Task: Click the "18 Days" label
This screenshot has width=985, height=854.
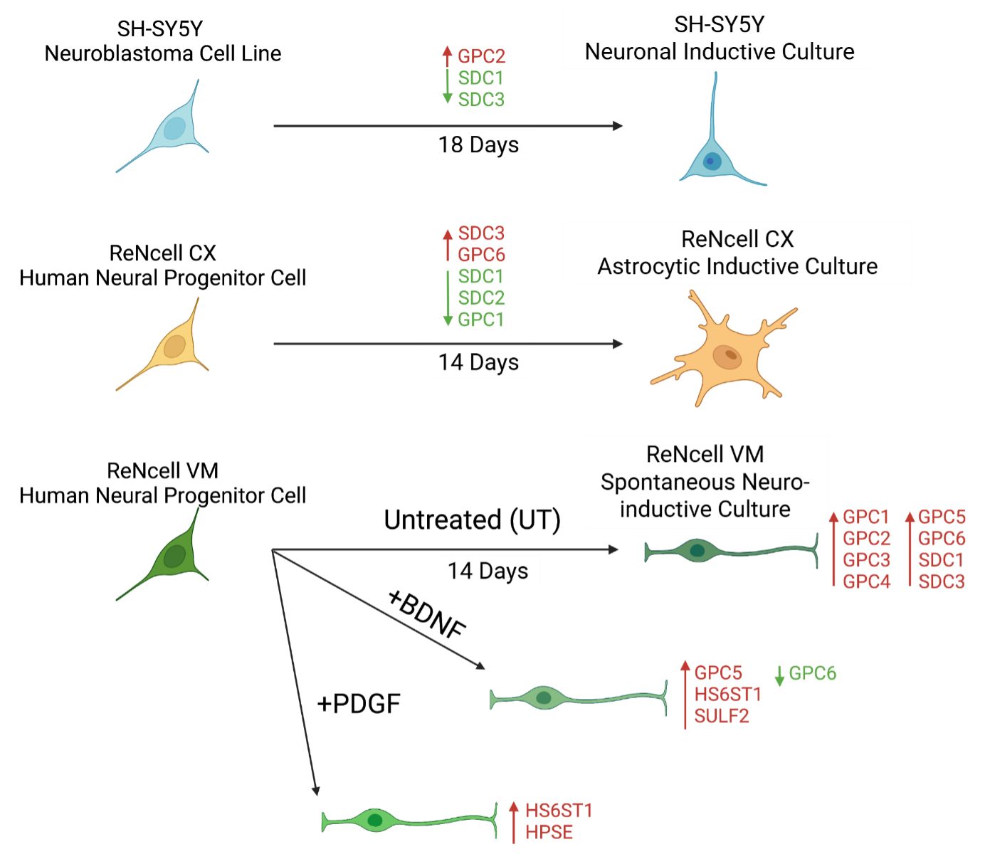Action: click(478, 145)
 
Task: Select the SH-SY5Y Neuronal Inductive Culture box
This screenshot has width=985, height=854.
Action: click(719, 38)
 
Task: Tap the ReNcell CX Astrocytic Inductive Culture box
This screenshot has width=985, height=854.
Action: click(737, 253)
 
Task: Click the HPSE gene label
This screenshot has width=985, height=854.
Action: click(549, 832)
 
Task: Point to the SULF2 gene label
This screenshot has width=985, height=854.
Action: click(722, 716)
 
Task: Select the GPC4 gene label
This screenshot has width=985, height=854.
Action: click(867, 581)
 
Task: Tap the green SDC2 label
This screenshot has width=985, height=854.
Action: click(481, 297)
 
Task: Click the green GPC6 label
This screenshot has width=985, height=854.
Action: click(813, 673)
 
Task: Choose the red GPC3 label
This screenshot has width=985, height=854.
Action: click(867, 560)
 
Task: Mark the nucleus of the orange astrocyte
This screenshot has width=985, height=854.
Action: click(727, 356)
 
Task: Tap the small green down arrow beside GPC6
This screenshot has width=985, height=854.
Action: click(780, 675)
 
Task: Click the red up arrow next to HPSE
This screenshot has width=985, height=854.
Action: click(514, 821)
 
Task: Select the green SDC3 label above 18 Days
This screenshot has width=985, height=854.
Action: click(481, 100)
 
